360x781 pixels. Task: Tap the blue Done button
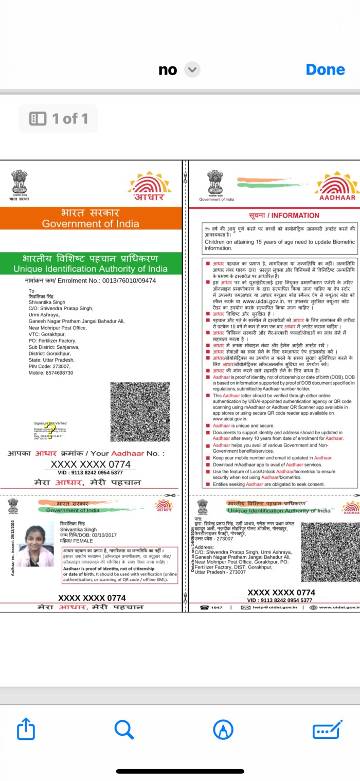(x=325, y=69)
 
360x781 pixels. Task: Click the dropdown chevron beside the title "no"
(x=192, y=69)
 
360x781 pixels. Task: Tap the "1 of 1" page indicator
(x=59, y=119)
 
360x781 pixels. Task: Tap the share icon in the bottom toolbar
(x=26, y=729)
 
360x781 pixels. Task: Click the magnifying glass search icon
(x=124, y=729)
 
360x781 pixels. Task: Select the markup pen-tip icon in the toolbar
(x=223, y=729)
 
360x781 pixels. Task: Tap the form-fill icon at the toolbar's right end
(x=328, y=729)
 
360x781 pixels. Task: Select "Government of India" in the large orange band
(x=91, y=223)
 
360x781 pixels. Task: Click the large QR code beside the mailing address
(x=133, y=411)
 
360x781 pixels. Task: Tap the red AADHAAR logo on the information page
(x=337, y=188)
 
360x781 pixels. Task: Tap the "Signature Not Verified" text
(x=50, y=423)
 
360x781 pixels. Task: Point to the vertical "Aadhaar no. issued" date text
(x=12, y=547)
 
